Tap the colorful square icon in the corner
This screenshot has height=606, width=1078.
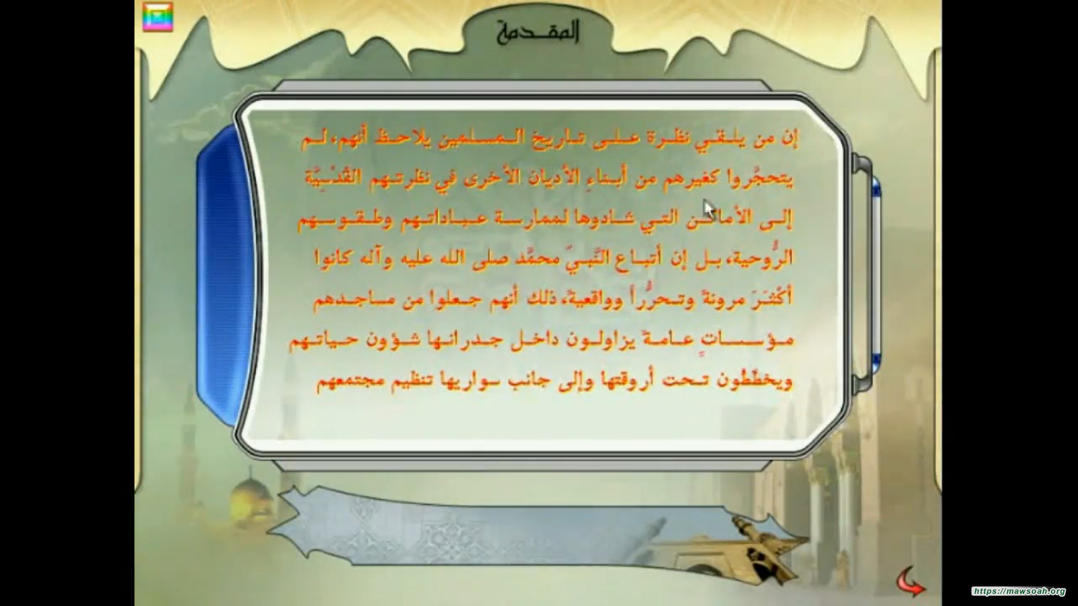pyautogui.click(x=158, y=18)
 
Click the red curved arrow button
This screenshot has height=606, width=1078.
pyautogui.click(x=910, y=582)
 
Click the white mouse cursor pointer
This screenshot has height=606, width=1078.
pyautogui.click(x=709, y=209)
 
